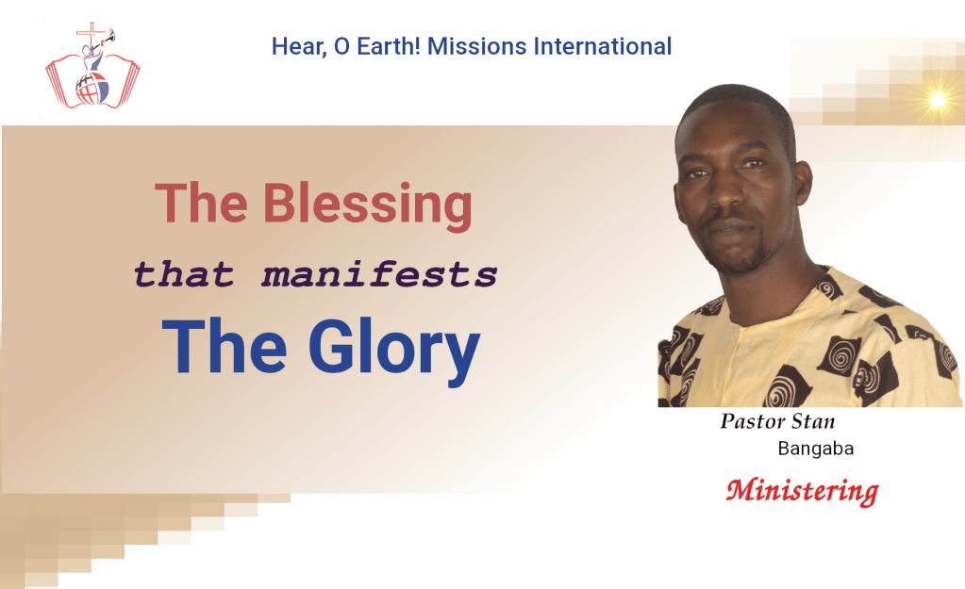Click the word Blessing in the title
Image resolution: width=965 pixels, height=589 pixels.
(x=368, y=205)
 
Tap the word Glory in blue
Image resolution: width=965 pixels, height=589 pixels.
(x=394, y=350)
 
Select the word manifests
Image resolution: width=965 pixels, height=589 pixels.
(x=380, y=274)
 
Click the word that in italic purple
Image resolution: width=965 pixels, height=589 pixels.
(x=184, y=274)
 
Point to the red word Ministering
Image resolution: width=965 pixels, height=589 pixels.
(x=803, y=492)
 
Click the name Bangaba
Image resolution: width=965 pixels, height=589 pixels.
(x=815, y=449)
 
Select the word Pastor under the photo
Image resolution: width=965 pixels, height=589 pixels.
(x=752, y=421)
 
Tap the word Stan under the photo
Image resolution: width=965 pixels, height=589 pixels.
(x=813, y=421)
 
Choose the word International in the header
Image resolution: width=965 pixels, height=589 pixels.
(x=602, y=47)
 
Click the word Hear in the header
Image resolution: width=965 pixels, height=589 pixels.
(x=299, y=47)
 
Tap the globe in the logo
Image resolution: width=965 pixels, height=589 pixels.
(x=92, y=89)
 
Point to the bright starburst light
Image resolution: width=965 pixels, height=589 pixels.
(x=938, y=99)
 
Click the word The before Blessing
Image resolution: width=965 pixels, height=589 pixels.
(x=201, y=204)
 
